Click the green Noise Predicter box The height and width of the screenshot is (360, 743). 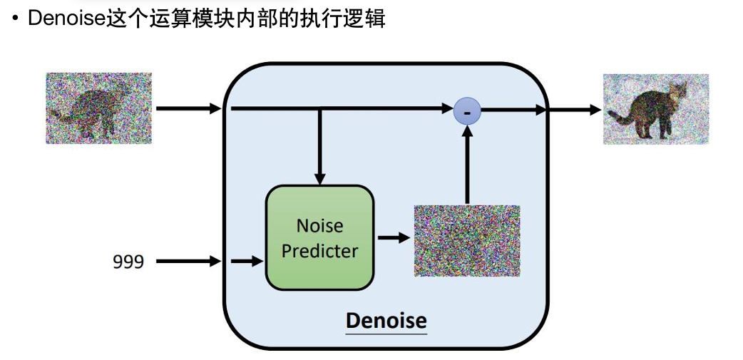[x=319, y=237]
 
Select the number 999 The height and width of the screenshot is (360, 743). [x=128, y=262]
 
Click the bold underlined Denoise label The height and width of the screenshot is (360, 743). [x=386, y=321]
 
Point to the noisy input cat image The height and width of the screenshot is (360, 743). [x=99, y=108]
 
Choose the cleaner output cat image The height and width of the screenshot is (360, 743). [x=656, y=109]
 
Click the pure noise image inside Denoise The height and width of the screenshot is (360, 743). [x=467, y=240]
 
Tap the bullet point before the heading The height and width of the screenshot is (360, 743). [x=15, y=19]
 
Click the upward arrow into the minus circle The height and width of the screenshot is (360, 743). [x=467, y=164]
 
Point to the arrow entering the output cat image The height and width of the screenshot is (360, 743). [x=575, y=110]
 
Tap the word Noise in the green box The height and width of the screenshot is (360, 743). [x=319, y=226]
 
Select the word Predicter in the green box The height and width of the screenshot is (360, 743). [x=319, y=251]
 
